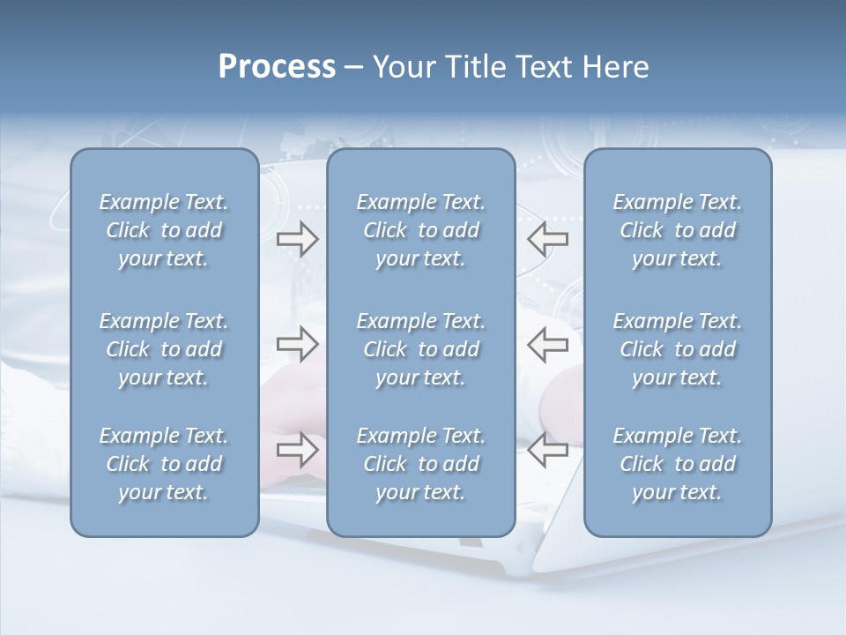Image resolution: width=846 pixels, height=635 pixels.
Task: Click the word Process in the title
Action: point(277,67)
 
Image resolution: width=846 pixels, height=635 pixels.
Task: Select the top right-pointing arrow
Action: point(297,239)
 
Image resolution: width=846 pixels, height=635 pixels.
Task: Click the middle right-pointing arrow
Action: point(297,344)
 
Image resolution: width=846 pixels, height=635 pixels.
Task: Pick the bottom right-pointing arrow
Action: point(297,450)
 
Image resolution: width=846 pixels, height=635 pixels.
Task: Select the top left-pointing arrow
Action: point(547,239)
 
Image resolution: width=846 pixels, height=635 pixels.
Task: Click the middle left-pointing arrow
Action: point(547,344)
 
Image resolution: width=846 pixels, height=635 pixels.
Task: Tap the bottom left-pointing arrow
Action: point(547,450)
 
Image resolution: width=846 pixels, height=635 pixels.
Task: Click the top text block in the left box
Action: point(164,230)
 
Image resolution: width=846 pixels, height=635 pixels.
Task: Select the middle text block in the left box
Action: point(164,349)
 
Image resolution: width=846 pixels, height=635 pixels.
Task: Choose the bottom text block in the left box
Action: point(164,464)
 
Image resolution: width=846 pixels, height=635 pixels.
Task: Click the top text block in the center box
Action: point(420,230)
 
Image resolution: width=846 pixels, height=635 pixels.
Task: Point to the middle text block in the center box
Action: point(420,349)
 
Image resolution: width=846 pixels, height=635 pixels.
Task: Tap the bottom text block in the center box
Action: point(420,464)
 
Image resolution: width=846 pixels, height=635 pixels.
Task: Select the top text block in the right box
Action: point(677,230)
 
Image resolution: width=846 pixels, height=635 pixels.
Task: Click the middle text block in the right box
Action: point(677,349)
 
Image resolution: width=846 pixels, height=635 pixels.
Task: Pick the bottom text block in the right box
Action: point(677,464)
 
